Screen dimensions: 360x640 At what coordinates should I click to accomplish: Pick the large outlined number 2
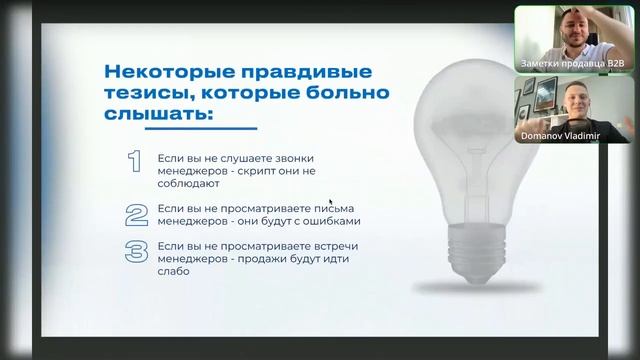click(x=136, y=214)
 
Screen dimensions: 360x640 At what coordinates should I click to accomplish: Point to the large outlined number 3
click(x=136, y=251)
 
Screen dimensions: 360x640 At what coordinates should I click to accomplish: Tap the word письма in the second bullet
click(x=332, y=208)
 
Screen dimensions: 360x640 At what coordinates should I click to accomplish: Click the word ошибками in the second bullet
click(x=334, y=221)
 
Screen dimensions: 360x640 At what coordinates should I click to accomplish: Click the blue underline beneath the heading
click(x=180, y=128)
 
